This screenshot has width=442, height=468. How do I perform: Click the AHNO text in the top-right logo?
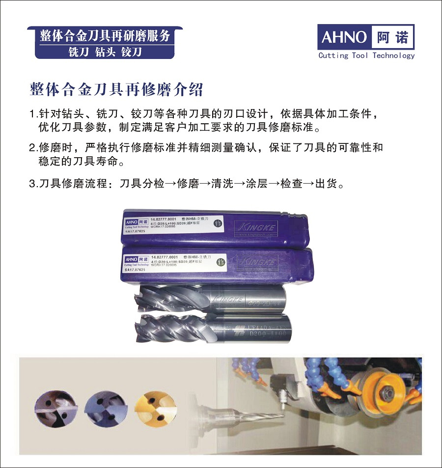point(344,37)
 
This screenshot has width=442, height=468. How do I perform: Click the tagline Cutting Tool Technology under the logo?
point(366,55)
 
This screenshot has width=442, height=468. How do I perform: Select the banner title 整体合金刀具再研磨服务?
point(105,36)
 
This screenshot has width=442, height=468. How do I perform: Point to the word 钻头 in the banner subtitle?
point(106,52)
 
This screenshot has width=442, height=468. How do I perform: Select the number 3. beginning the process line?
point(33,185)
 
